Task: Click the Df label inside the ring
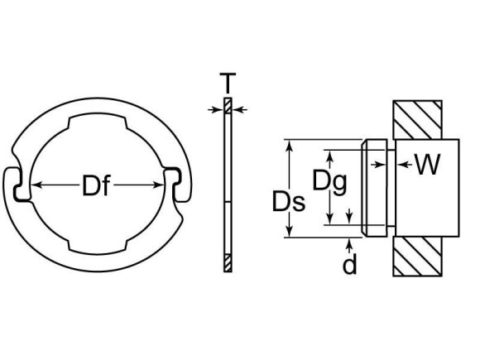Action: [x=98, y=188]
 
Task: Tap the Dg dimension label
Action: [x=329, y=180]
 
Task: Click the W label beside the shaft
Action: [x=427, y=166]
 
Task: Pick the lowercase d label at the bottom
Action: [x=351, y=265]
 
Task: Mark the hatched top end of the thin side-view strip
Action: [x=228, y=108]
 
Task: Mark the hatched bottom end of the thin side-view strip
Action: [x=228, y=262]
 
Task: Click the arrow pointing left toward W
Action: [x=403, y=166]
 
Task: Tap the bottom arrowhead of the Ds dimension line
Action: [x=290, y=234]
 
